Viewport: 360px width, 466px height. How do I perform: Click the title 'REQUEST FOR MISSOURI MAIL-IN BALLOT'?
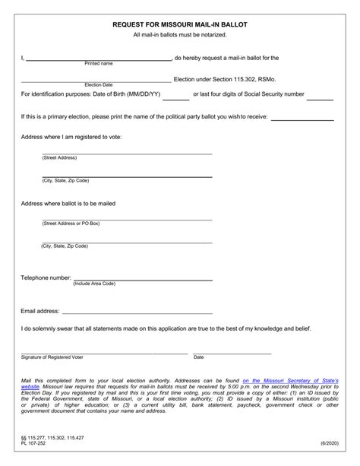(x=180, y=25)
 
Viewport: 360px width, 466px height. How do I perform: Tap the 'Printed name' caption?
(x=98, y=64)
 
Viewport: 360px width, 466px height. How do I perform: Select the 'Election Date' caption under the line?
(x=98, y=84)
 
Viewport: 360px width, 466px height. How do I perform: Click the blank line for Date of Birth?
(x=176, y=98)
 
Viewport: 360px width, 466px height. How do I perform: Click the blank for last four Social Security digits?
(x=320, y=98)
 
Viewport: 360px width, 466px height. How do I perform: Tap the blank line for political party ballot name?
(x=302, y=119)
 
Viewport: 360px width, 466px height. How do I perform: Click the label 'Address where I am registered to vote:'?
(x=71, y=137)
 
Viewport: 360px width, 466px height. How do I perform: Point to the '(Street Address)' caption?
(x=59, y=157)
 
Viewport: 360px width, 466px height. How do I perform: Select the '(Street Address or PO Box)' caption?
(x=71, y=223)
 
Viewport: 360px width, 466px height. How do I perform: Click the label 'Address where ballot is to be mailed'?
(x=68, y=204)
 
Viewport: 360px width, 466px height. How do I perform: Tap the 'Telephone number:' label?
(x=46, y=277)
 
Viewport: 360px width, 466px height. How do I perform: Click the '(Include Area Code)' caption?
(x=94, y=284)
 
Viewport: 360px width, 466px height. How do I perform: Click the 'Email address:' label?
(x=39, y=311)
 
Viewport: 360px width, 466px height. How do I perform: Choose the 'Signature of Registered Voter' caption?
(x=52, y=357)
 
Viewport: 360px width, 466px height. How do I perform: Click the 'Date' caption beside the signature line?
(x=198, y=357)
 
